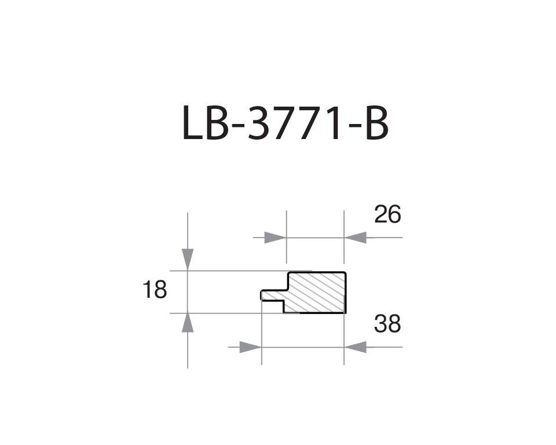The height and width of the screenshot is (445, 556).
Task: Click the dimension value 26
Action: tap(387, 215)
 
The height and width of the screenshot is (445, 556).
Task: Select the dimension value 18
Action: tap(155, 290)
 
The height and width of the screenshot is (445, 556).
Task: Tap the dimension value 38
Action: tap(387, 324)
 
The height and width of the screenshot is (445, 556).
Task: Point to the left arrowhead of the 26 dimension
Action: tap(275, 238)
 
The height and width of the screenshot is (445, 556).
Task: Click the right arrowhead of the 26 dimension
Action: tap(356, 238)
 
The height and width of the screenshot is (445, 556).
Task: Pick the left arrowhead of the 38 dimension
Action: tap(250, 347)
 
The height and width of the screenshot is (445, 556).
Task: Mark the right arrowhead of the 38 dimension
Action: tap(356, 347)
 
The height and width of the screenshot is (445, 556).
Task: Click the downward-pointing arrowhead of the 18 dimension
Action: tap(188, 259)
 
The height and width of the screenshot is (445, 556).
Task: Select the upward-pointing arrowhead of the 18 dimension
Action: tap(188, 323)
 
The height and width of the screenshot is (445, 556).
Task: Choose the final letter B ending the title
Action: tap(376, 124)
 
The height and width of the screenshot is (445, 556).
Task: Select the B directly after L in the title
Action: tap(217, 124)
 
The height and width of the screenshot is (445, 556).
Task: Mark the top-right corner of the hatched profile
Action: tap(345, 273)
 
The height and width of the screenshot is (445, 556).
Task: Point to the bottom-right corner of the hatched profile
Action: tap(345, 312)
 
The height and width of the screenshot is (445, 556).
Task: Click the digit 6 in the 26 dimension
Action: tap(394, 215)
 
